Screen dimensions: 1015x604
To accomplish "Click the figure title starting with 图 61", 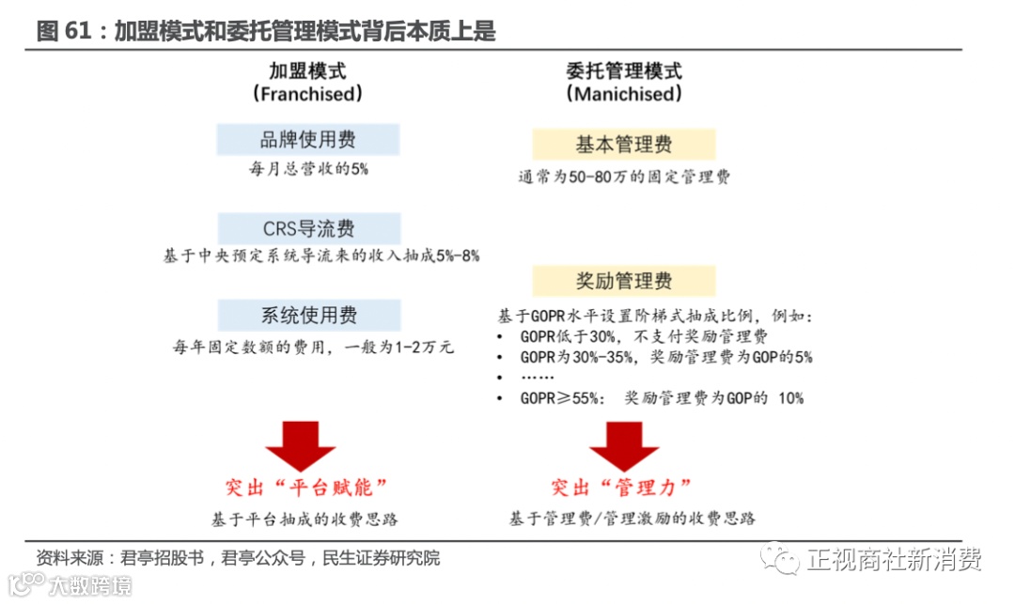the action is [x=266, y=31].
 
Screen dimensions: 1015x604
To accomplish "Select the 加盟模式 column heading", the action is [x=306, y=70].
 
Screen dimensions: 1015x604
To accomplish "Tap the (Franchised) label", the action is [x=306, y=95].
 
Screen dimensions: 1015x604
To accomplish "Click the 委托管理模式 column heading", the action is [x=624, y=70].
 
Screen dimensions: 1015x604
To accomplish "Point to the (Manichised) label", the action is [x=624, y=95].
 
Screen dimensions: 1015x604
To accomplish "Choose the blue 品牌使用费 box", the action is [x=308, y=140].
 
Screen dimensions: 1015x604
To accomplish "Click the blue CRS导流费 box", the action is [x=308, y=228].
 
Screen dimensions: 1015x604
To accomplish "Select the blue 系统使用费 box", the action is [x=308, y=315].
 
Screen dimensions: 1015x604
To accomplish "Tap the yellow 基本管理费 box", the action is [x=624, y=145].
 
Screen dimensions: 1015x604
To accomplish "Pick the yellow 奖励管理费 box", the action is [x=624, y=281].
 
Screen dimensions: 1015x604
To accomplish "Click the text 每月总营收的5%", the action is [x=308, y=169].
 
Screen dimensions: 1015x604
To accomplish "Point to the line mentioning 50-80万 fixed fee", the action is [x=624, y=177].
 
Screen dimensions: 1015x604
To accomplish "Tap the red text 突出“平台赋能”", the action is [x=306, y=488].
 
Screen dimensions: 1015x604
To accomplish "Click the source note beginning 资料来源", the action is [x=238, y=558].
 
